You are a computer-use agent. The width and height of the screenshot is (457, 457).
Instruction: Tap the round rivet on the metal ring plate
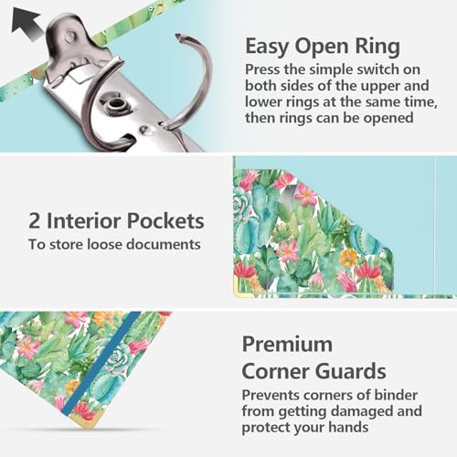tap(116, 104)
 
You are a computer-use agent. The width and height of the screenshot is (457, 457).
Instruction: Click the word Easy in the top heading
tap(267, 47)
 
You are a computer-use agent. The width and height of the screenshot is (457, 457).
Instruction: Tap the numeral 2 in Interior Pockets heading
tap(35, 221)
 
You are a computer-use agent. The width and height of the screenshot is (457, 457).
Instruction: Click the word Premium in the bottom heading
tap(287, 345)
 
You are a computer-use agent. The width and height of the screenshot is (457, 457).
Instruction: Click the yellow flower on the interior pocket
tap(349, 258)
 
